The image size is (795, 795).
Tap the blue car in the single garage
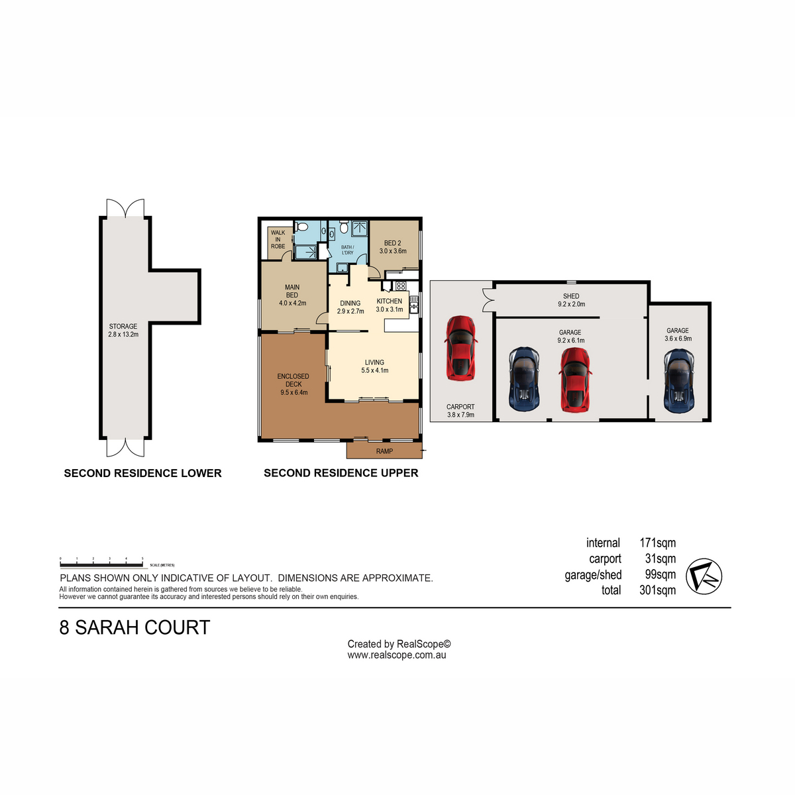pos(678,379)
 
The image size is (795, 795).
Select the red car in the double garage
pos(575,380)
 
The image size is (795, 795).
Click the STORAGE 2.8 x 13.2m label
pos(123,331)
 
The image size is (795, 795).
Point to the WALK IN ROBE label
pos(278,239)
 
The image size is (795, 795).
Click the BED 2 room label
pos(393,247)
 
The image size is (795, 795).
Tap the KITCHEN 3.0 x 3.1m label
pos(390,305)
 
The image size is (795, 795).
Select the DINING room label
pos(350,307)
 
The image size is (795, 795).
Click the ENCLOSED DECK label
pos(293,384)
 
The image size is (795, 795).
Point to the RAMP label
pos(384,451)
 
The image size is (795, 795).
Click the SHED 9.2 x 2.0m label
pos(571,300)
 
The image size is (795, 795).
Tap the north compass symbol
pos(704,575)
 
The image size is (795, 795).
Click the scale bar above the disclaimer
pos(101,565)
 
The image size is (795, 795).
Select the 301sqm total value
pos(657,590)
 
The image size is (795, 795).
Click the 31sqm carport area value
pos(660,558)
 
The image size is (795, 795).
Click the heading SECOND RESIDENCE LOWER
pos(142,473)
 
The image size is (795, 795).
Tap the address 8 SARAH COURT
pos(134,627)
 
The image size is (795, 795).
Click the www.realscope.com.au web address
pos(397,655)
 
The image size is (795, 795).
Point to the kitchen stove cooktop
pos(400,286)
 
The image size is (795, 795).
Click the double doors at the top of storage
pos(126,207)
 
